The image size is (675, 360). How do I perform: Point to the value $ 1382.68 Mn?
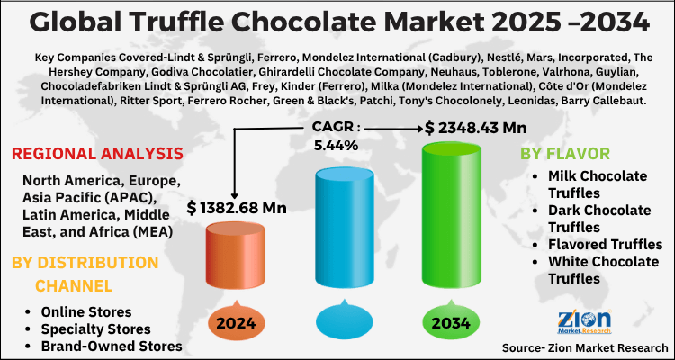tap(237, 208)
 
